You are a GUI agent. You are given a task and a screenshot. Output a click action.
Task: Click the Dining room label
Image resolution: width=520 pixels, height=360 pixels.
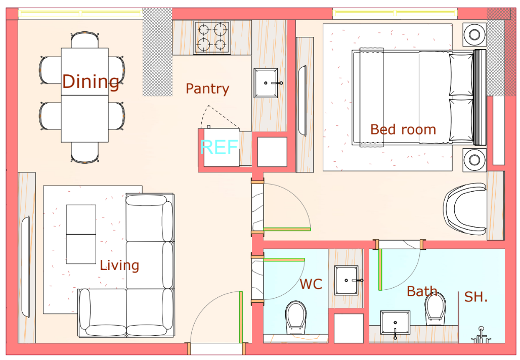(91, 81)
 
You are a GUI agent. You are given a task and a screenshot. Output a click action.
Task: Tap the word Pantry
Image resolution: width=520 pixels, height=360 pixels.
(207, 89)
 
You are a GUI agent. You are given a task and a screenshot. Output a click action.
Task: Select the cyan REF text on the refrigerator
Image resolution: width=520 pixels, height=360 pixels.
(219, 147)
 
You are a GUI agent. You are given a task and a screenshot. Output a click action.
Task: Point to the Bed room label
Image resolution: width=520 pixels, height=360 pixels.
(403, 129)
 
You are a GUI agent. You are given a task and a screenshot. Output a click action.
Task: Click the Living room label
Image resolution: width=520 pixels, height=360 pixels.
(119, 265)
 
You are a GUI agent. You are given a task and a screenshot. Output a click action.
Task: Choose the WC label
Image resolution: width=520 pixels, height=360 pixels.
(311, 284)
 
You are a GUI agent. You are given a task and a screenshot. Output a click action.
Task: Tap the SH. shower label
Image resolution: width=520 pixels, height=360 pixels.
(475, 297)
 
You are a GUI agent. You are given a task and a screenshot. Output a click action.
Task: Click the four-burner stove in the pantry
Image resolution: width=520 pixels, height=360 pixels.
(212, 37)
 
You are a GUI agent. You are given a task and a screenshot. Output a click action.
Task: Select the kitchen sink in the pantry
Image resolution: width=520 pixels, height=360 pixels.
(266, 83)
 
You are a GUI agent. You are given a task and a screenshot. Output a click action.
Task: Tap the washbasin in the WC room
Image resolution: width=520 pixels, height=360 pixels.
(347, 280)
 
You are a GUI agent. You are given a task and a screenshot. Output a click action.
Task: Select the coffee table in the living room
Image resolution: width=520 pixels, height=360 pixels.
(81, 234)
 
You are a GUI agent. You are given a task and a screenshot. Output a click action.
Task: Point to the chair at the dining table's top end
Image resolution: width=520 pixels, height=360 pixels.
(84, 40)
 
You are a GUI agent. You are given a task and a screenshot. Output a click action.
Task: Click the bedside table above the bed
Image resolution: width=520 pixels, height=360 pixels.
(474, 34)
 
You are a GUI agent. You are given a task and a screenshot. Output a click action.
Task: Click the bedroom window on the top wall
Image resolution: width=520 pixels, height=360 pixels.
(395, 13)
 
